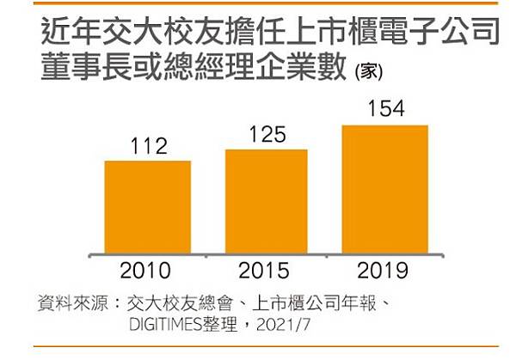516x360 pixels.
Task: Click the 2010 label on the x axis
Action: point(144,273)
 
